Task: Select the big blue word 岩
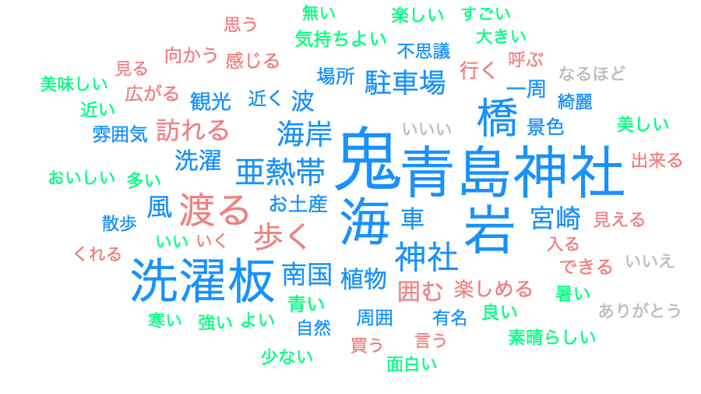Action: [489, 226]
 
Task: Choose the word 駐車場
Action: [405, 81]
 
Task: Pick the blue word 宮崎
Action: [557, 216]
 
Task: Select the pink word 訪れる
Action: [192, 129]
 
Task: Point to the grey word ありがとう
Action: [639, 311]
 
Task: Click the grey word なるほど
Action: [592, 74]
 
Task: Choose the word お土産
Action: [298, 204]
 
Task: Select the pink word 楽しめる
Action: [493, 289]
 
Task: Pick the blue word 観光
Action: [211, 101]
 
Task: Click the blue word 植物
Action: [363, 279]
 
